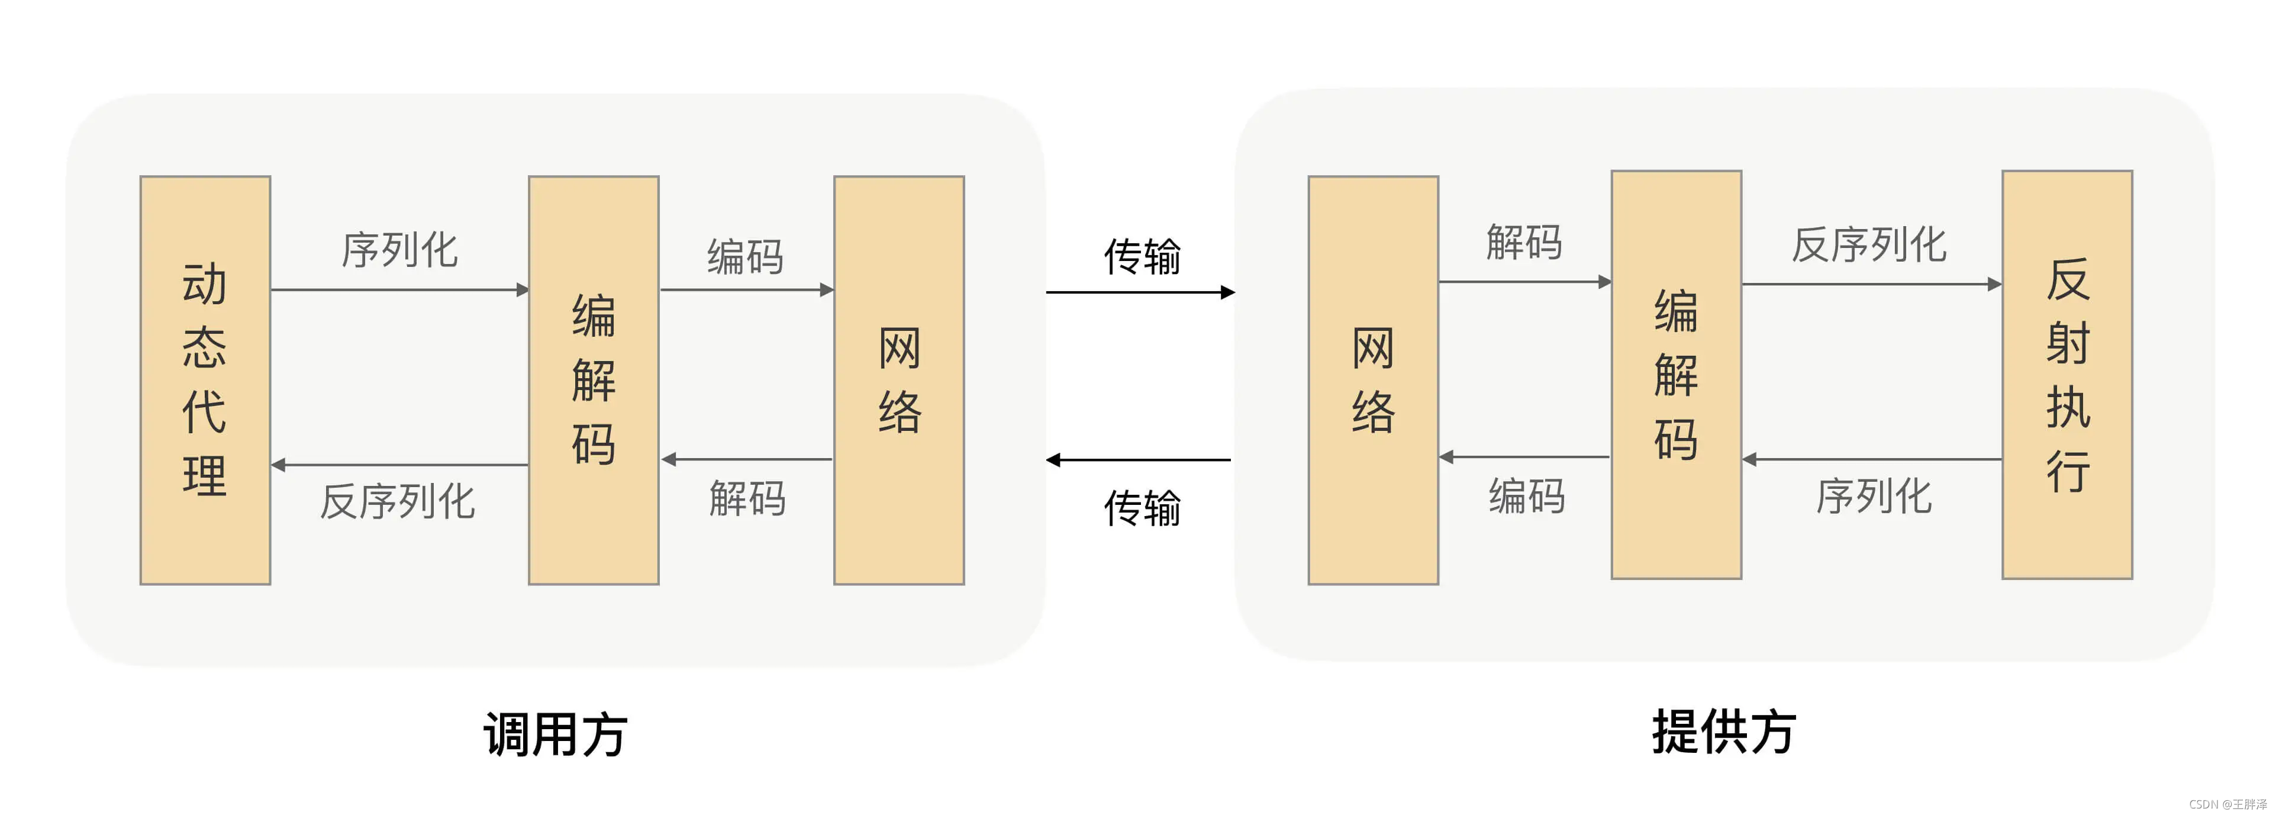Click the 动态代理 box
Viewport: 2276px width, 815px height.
point(205,380)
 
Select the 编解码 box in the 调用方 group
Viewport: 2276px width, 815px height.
point(594,380)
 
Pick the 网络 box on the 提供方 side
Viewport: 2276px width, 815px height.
point(1373,380)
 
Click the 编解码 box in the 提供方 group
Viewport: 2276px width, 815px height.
point(1676,375)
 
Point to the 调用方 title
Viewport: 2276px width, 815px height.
point(555,734)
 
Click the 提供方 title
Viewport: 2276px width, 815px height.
point(1724,732)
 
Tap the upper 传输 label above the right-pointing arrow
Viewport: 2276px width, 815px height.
point(1142,256)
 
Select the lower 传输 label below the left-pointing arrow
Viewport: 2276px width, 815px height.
point(1142,508)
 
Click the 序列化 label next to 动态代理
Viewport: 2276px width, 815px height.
point(399,250)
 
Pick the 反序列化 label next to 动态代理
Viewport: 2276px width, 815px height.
point(398,502)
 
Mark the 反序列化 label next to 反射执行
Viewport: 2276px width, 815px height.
point(1869,245)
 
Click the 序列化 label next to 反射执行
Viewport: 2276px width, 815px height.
point(1873,496)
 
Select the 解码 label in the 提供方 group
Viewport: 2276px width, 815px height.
point(1524,242)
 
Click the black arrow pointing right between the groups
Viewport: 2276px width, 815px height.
point(1140,292)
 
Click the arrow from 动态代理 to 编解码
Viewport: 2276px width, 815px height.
point(399,289)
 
